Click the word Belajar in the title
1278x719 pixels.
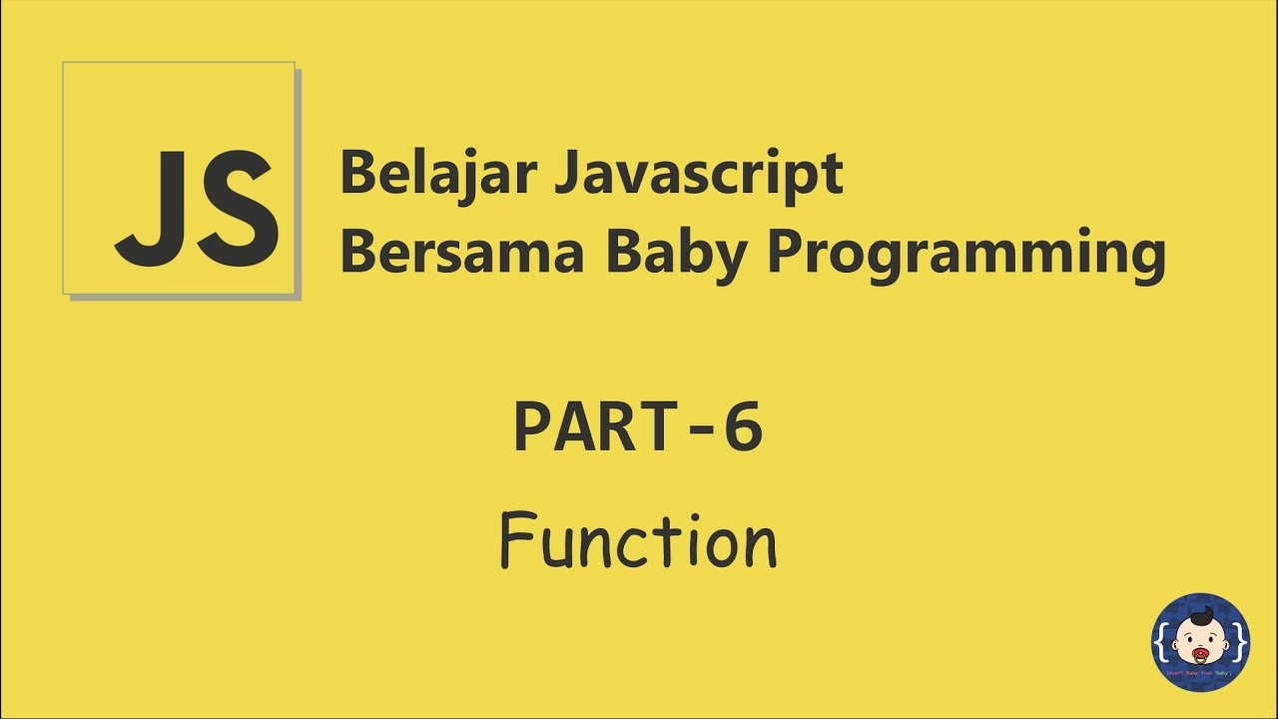438,174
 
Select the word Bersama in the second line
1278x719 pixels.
461,254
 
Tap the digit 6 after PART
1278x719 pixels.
743,427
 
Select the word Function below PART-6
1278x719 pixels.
638,541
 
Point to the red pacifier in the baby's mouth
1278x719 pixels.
1199,656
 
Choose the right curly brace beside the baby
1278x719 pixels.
1239,643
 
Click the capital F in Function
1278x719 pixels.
515,540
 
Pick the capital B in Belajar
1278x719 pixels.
357,174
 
